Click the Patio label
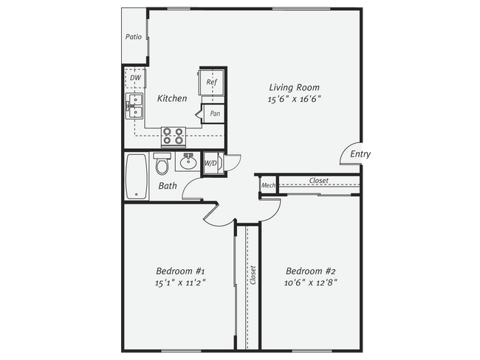point(134,36)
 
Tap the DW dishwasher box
point(135,77)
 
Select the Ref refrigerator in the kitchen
point(210,82)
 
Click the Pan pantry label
point(214,114)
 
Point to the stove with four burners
point(174,136)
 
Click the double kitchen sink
point(134,106)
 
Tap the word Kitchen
point(172,98)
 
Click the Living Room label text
point(294,87)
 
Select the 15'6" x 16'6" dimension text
point(294,99)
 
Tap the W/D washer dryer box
point(210,163)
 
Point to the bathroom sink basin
point(188,162)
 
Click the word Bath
point(168,186)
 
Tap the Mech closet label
point(268,186)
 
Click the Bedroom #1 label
point(179,270)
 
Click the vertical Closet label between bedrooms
point(253,275)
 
